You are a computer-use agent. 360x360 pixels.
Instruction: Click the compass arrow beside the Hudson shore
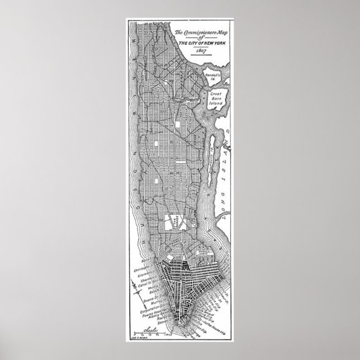pyautogui.click(x=136, y=291)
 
